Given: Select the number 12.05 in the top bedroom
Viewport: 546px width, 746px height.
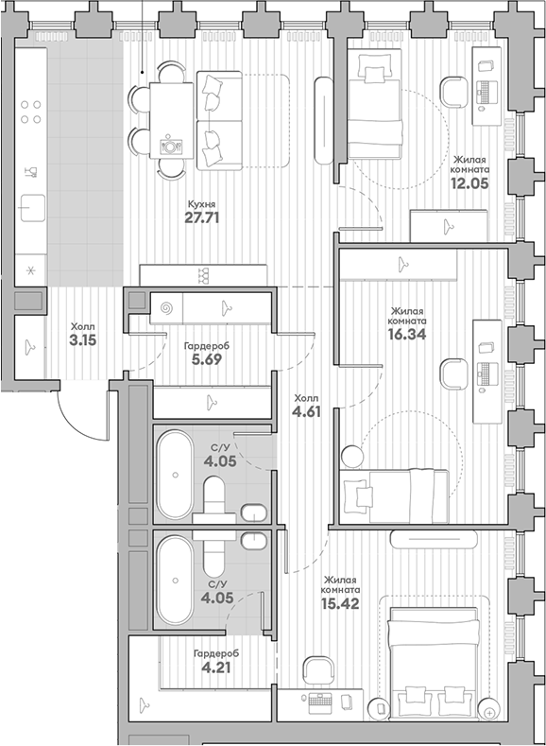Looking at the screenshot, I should (x=471, y=184).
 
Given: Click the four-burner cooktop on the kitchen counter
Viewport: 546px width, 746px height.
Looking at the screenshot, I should (x=30, y=113).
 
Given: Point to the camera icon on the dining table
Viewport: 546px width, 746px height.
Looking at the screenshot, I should (x=171, y=145).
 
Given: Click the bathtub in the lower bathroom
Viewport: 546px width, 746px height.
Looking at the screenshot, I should (x=172, y=580).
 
